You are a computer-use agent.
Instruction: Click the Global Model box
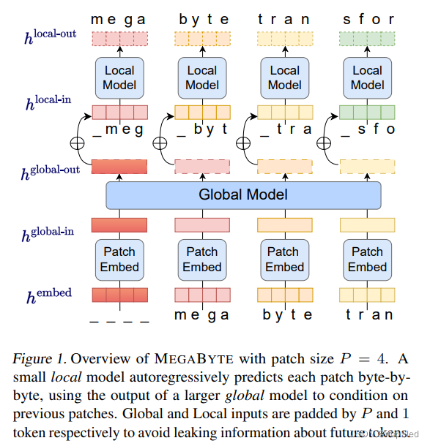click(243, 194)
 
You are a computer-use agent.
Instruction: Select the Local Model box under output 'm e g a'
click(119, 78)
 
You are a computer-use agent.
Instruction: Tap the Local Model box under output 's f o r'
click(367, 78)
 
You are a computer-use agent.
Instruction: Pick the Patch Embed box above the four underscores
click(119, 259)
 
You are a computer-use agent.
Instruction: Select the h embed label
click(49, 296)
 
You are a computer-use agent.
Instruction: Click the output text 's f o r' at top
click(367, 19)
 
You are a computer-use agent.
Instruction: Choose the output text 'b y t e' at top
click(202, 19)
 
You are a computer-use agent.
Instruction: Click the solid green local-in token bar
click(367, 113)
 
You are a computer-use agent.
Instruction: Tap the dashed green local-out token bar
click(367, 39)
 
